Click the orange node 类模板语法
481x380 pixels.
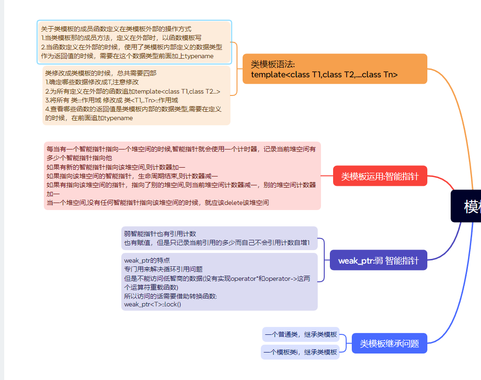[335, 68]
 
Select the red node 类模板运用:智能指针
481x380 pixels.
[380, 176]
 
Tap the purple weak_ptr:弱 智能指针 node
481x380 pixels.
[378, 260]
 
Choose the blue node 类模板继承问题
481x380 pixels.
[389, 344]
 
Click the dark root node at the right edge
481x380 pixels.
[467, 206]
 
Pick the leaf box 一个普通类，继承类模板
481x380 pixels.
[300, 334]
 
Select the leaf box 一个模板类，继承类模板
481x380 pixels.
[300, 352]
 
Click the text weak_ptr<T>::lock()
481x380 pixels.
[153, 304]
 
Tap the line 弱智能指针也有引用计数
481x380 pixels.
[160, 234]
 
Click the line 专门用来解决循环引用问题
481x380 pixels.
[163, 269]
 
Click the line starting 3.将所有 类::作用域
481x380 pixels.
[111, 100]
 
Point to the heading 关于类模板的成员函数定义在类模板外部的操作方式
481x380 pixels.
[116, 29]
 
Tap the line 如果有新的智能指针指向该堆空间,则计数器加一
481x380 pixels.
[116, 167]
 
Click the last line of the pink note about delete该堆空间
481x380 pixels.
[158, 203]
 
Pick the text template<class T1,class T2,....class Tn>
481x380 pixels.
[324, 75]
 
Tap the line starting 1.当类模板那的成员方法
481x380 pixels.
[121, 38]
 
